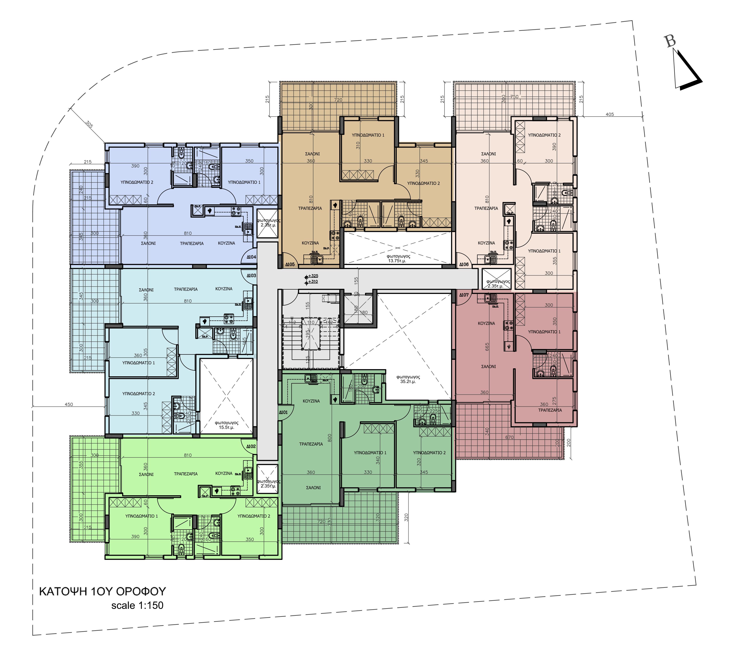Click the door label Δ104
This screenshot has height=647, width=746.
[x=251, y=257]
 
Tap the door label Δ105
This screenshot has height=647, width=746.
[x=290, y=264]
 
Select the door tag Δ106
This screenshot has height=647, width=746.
[x=464, y=264]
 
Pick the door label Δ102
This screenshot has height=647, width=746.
[x=251, y=446]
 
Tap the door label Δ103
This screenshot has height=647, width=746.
[x=251, y=276]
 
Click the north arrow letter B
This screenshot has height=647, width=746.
[x=670, y=41]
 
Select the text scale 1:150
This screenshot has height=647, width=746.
[x=137, y=606]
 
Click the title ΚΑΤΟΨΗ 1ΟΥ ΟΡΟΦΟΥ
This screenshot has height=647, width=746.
[x=102, y=591]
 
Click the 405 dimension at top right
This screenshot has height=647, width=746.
[x=609, y=115]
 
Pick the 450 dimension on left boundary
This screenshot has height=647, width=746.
[x=69, y=404]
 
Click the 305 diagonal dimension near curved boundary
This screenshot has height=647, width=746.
[x=89, y=124]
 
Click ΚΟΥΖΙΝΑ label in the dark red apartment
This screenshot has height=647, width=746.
[x=486, y=323]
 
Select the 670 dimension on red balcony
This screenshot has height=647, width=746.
[x=509, y=437]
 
